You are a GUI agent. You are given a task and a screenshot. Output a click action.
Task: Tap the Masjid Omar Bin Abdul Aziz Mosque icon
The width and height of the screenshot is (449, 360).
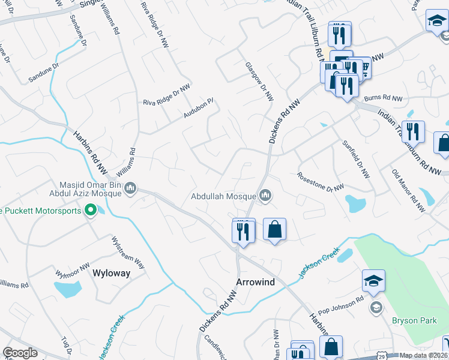130,190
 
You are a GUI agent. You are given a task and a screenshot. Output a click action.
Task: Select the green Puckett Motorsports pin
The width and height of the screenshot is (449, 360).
91,210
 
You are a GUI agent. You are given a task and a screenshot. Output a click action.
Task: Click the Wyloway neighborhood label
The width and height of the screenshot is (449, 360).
111,272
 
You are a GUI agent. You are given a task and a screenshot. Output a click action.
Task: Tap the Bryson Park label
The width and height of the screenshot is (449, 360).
414,320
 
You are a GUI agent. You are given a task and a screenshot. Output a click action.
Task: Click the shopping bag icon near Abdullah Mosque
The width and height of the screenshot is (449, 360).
274,229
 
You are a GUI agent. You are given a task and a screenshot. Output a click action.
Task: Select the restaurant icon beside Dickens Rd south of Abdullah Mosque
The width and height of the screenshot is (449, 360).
243,230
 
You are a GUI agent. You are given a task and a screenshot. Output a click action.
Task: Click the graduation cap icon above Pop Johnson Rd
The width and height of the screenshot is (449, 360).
373,281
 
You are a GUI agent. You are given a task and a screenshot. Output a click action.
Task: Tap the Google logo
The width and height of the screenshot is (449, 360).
20,353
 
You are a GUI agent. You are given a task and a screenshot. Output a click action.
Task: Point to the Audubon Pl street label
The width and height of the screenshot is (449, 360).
199,108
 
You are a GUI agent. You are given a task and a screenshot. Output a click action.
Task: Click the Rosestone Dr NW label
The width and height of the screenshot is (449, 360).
321,182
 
